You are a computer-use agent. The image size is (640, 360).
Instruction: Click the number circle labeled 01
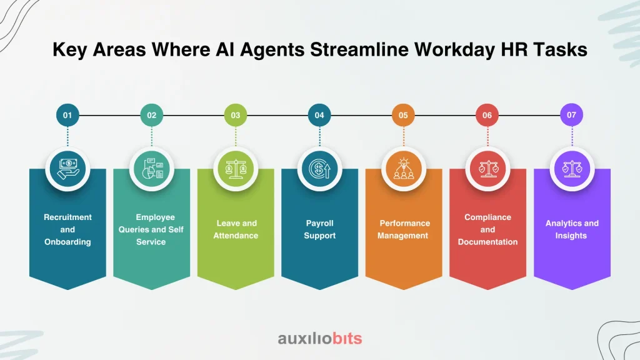(x=67, y=115)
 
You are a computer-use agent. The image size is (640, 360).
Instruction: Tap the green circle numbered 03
(x=236, y=115)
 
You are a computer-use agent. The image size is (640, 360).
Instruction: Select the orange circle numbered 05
(x=403, y=115)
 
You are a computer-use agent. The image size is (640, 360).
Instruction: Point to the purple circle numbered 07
(x=571, y=115)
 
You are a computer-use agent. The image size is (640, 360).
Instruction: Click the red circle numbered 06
(x=487, y=115)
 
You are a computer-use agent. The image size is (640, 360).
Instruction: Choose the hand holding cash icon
(x=67, y=169)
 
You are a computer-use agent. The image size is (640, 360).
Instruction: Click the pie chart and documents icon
(x=152, y=169)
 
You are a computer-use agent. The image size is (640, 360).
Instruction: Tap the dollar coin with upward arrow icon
(x=319, y=169)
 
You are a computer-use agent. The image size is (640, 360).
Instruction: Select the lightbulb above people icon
(x=404, y=169)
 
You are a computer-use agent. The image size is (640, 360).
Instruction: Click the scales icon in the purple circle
(x=572, y=169)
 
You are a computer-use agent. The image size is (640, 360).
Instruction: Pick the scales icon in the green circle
(x=236, y=169)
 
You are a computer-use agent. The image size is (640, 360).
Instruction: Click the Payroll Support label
(x=319, y=229)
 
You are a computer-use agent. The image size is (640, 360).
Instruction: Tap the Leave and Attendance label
(x=236, y=229)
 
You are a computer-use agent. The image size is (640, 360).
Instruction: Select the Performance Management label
(x=403, y=229)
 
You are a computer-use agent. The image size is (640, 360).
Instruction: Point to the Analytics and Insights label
(x=572, y=229)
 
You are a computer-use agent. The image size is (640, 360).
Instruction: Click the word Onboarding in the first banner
(x=67, y=242)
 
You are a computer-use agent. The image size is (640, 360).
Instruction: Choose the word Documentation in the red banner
(x=487, y=242)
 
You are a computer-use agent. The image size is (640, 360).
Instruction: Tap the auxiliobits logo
(x=320, y=338)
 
